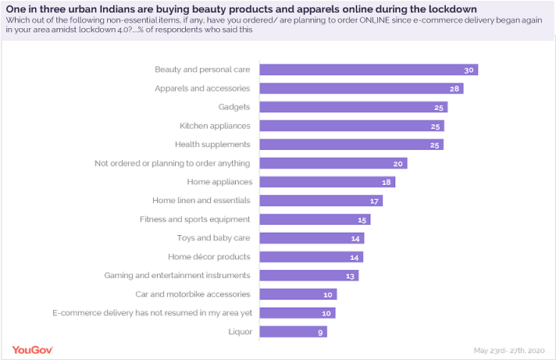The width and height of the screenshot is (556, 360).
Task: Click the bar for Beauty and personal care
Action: (x=367, y=70)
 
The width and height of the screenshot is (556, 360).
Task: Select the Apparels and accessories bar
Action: (x=360, y=88)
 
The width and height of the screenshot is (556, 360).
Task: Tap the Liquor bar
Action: (x=292, y=332)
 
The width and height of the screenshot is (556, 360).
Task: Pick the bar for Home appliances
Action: (x=326, y=182)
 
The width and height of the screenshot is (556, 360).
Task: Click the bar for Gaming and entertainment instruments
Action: (x=308, y=276)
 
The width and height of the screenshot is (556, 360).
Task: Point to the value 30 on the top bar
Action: (x=469, y=70)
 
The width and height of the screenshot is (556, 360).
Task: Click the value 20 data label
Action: (x=398, y=163)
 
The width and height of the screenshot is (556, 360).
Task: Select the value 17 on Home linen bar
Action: (x=374, y=201)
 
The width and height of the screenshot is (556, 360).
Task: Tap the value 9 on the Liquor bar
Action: (x=320, y=332)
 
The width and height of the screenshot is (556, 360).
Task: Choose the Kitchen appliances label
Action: (x=215, y=126)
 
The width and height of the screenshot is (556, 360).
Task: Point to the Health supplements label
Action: (x=212, y=144)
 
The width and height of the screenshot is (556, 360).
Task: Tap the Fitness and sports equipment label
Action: (x=194, y=219)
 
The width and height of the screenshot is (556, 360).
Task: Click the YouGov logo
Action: (x=32, y=349)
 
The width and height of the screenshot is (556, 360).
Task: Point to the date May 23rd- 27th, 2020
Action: (x=512, y=350)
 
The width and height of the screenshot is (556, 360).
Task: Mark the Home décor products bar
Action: (x=311, y=257)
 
